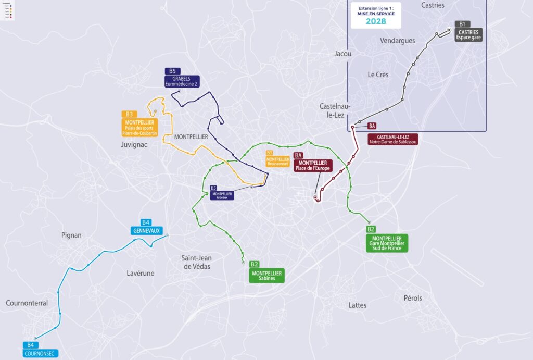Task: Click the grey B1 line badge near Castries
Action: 462,24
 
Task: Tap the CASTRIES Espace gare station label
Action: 468,35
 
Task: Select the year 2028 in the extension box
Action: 379,21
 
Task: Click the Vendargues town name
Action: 398,41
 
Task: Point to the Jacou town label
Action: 343,54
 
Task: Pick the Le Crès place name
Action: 378,75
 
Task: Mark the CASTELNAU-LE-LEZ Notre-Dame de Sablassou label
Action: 393,139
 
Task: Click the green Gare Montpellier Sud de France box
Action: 387,243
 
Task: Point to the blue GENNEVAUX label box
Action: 146,230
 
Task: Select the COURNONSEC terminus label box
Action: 41,353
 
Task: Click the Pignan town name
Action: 71,235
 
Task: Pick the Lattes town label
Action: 358,305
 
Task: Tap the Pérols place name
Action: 413,298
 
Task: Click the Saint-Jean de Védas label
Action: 196,262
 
